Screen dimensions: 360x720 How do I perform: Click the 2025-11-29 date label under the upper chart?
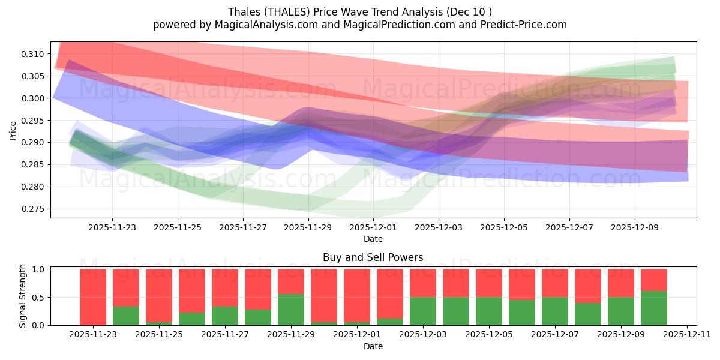coord(308,228)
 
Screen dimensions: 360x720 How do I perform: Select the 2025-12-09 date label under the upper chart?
coord(635,228)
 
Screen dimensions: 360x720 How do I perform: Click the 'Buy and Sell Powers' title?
coord(373,257)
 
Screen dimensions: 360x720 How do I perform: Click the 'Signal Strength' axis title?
coord(22,296)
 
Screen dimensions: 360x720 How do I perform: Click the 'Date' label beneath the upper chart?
coord(373,239)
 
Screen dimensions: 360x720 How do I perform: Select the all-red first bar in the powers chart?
coord(93,296)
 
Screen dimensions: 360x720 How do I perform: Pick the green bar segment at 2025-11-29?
coord(290,310)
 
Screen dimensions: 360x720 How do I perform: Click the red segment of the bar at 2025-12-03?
coord(422,283)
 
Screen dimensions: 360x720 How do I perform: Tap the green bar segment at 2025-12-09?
coord(620,311)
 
